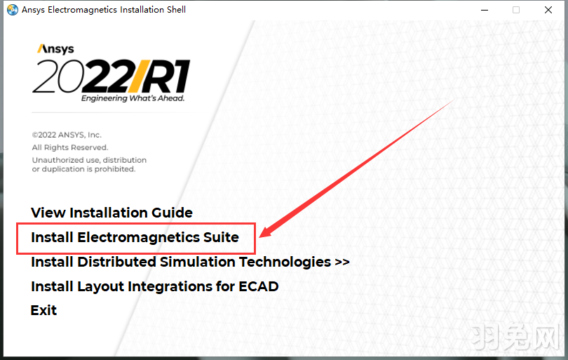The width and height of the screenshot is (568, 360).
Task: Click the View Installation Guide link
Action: pos(111,213)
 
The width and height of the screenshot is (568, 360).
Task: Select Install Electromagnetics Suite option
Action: pos(135,237)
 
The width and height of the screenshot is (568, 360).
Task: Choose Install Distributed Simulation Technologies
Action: pos(182,262)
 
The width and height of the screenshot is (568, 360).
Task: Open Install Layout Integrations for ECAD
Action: pos(154,286)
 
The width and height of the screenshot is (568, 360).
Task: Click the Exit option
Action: pos(43,310)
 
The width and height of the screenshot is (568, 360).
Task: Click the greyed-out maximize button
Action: pos(516,10)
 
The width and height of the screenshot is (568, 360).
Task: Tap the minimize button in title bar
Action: pos(484,10)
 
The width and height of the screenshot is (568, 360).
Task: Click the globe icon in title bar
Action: pos(13,10)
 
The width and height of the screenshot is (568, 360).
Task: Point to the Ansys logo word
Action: pos(55,50)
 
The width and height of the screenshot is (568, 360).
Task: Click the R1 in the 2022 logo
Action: pos(168,76)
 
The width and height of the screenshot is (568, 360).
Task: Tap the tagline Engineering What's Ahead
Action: pos(133,99)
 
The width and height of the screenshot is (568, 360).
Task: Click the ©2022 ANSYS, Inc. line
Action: pos(67,135)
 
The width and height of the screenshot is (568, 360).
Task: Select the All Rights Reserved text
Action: pos(69,147)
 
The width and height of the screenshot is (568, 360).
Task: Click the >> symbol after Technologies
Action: pos(342,262)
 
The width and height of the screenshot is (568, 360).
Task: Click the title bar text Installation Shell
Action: pos(151,10)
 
